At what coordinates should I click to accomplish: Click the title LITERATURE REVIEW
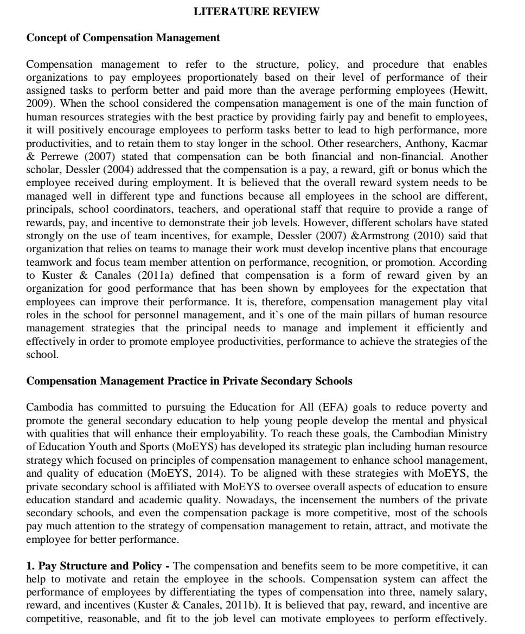click(257, 11)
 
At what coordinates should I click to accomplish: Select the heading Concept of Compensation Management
click(123, 38)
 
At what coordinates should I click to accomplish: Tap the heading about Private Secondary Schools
click(189, 381)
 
